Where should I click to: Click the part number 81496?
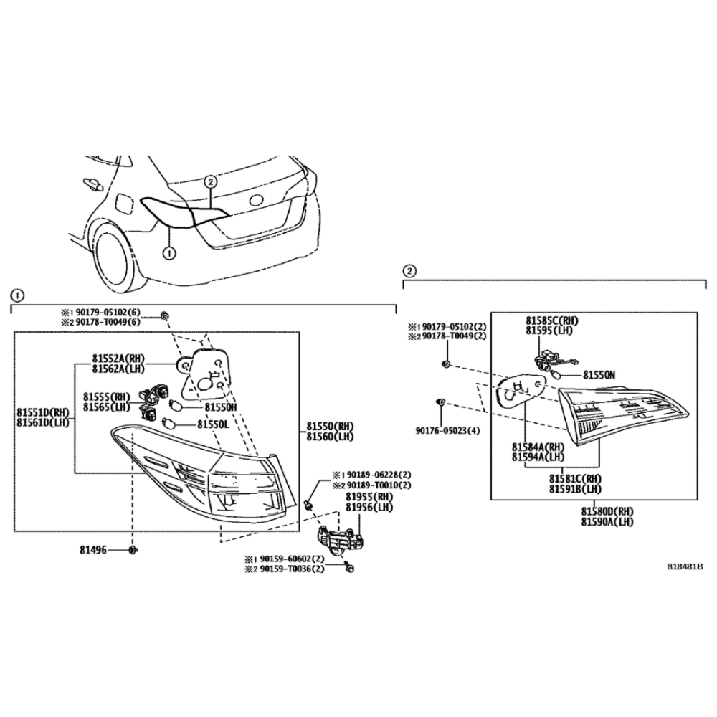(92, 549)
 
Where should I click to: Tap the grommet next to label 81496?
(133, 550)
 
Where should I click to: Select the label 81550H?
(220, 407)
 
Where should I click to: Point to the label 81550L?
(213, 424)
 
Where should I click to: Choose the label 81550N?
(599, 375)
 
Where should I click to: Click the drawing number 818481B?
(685, 566)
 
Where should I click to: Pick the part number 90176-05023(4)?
(447, 431)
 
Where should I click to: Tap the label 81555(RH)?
(107, 396)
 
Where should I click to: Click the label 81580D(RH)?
(607, 511)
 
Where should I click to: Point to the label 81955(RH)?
(369, 497)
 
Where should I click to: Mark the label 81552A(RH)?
(118, 358)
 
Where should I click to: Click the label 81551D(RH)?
(43, 412)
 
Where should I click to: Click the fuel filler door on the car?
(123, 204)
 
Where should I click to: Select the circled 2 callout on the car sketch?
(210, 182)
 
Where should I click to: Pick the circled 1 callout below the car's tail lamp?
(169, 253)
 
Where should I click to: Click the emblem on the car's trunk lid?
(255, 200)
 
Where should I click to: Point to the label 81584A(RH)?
(538, 447)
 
